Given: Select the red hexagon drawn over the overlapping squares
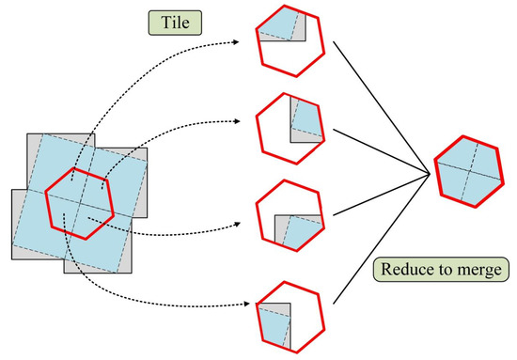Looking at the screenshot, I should (x=79, y=203).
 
